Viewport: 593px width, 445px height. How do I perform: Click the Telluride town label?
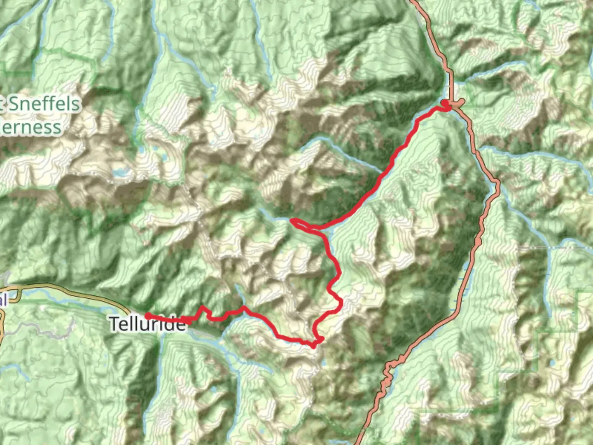point(147,324)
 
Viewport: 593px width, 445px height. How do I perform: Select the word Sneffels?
point(44,103)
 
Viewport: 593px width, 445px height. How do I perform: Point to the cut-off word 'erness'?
point(31,127)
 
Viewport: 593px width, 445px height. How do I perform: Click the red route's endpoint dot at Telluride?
point(147,316)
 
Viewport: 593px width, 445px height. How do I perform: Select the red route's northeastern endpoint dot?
point(444,102)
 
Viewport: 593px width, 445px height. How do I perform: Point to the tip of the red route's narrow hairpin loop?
point(292,222)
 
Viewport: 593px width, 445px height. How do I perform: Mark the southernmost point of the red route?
point(314,346)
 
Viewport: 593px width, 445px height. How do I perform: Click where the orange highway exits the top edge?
point(413,2)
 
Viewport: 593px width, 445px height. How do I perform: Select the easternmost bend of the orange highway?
point(499,183)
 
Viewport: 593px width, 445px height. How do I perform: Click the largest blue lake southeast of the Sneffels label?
point(119,173)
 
